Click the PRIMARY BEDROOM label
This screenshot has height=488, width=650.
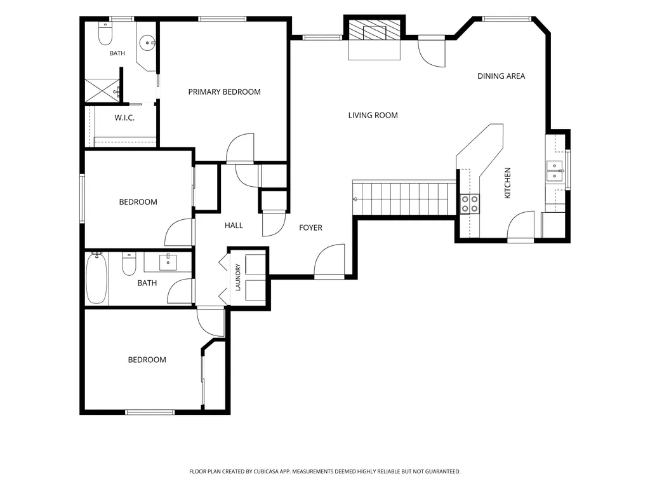click(x=224, y=91)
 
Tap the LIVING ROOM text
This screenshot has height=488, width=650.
click(x=373, y=116)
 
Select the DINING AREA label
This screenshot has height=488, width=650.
click(x=501, y=76)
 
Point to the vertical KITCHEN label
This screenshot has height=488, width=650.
click(x=507, y=183)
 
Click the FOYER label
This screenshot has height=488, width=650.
click(x=310, y=228)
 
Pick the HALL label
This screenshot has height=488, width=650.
click(x=234, y=226)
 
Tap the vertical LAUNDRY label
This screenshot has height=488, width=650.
click(x=238, y=277)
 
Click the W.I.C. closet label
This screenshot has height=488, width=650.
click(x=124, y=118)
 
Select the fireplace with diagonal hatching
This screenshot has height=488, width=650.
click(x=375, y=30)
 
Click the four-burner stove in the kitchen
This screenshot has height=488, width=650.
click(x=470, y=204)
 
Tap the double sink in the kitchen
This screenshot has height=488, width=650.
click(x=554, y=172)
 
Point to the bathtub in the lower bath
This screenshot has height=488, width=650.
click(x=96, y=278)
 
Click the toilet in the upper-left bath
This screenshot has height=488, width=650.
click(x=105, y=34)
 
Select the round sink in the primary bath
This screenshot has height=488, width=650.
click(x=147, y=43)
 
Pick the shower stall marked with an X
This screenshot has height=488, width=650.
click(x=102, y=90)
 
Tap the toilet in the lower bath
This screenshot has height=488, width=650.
click(x=129, y=264)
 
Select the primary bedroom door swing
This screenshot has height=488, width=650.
click(x=240, y=148)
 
